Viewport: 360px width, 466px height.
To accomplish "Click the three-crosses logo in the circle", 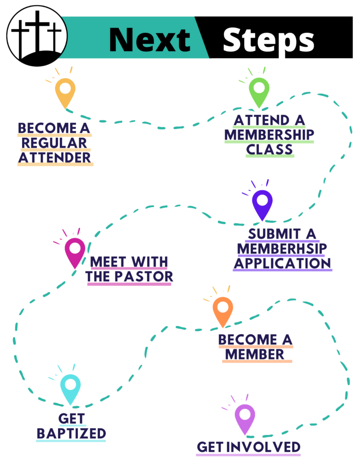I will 37,36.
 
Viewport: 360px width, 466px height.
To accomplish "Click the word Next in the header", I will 150,39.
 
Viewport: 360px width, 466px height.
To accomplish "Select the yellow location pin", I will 65,90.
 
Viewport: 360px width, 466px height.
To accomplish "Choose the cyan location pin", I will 70,387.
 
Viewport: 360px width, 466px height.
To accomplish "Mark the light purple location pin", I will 245,416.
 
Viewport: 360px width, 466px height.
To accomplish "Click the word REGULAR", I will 55,143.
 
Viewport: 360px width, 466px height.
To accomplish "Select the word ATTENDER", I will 55,157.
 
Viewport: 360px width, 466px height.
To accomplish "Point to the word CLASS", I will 270,150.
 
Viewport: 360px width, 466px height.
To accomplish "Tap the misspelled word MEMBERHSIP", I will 282,248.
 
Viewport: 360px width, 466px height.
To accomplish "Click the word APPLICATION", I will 282,263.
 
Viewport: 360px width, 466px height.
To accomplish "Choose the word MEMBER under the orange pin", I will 257,354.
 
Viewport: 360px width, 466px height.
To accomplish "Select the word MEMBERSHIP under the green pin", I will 269,135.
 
